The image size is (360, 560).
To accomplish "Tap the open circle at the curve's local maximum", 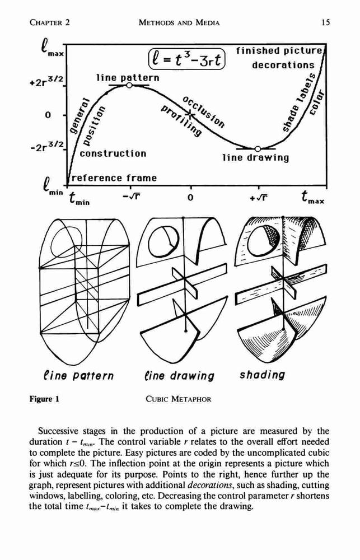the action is pos(129,85).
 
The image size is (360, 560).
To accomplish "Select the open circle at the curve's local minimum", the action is pos(258,148).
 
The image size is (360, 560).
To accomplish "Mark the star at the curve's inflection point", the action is pos(190,115).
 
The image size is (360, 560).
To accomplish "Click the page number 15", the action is pos(325,22).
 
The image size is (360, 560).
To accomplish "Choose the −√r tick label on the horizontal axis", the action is pos(130,197).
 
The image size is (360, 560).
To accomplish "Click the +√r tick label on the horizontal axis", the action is pos(259,197).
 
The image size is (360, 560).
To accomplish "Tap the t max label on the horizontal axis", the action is pos(312,197).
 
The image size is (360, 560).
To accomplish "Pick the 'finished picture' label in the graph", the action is pos(279,51).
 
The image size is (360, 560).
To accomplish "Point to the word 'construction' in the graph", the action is pos(113,153).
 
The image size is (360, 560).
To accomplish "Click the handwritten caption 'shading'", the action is pos(263,375).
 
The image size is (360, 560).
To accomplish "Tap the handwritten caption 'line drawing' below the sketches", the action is pos(179,376).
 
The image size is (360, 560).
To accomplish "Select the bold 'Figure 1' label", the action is pos(44,399).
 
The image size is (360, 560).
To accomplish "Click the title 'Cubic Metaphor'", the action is pos(178,399).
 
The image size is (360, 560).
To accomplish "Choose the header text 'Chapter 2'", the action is pos(50,22).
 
